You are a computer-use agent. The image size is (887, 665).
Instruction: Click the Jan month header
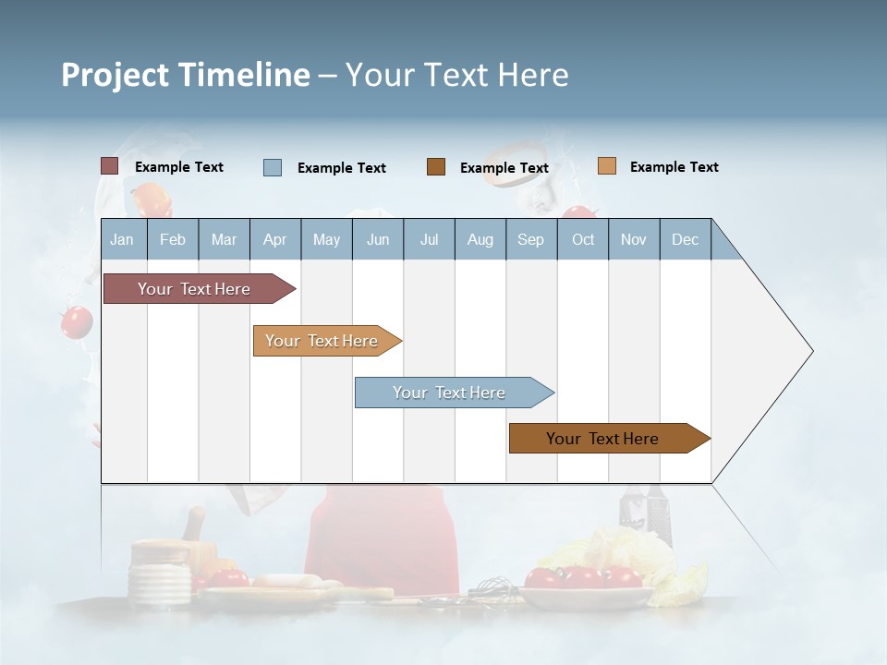122,239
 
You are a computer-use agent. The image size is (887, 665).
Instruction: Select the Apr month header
274,239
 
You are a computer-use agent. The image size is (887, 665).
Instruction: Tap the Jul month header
429,239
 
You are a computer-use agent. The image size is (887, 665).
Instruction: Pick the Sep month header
530,239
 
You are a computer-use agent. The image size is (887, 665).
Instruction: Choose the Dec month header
685,239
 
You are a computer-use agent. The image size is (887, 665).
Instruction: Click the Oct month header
583,239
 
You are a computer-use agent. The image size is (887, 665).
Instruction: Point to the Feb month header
173,239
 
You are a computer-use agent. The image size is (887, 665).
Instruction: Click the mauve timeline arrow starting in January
194,289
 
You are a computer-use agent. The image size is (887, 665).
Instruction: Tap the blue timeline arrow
450,393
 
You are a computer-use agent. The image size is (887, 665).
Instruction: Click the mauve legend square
109,166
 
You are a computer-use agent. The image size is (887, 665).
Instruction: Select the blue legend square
273,167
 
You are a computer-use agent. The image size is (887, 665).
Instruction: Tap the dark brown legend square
436,167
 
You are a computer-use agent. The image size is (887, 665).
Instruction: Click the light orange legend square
606,166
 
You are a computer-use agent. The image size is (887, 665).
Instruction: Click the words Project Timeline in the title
185,75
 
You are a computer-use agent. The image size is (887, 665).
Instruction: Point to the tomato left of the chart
76,321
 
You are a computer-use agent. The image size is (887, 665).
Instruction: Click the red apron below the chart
382,540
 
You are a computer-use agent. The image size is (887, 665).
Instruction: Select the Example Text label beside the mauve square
179,167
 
